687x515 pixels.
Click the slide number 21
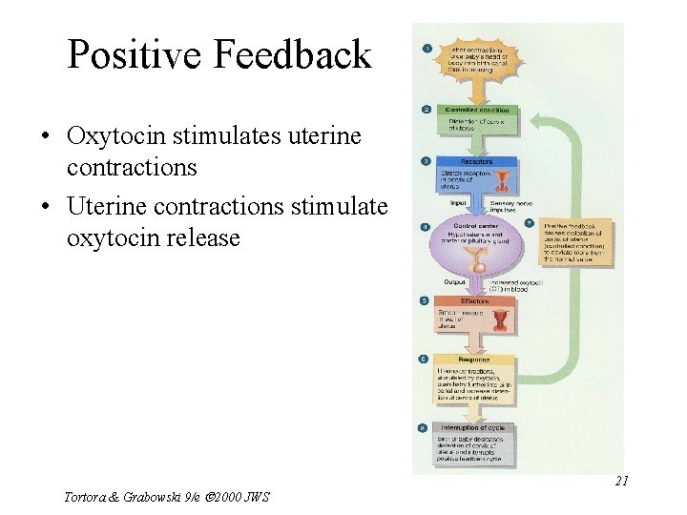(621, 482)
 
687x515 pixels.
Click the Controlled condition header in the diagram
(477, 110)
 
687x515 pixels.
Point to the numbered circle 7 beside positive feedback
(531, 223)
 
